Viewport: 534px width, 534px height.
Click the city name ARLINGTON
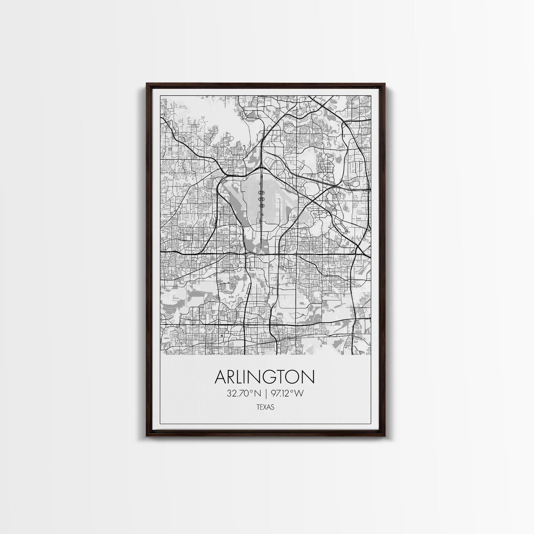click(265, 377)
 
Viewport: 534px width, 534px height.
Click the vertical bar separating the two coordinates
click(265, 393)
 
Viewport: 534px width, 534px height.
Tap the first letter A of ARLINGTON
click(220, 377)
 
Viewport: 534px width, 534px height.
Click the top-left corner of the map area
click(161, 96)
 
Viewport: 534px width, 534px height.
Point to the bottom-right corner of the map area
click(371, 355)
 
